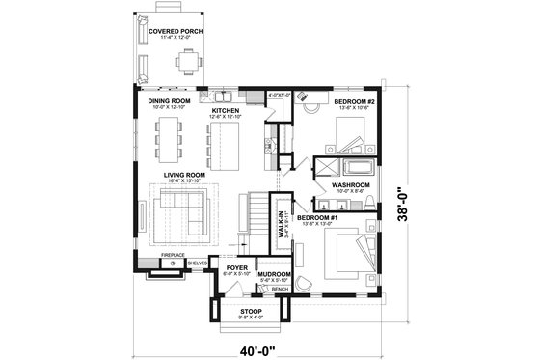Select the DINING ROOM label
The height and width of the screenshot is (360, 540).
(167, 99)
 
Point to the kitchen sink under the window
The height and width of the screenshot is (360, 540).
(221, 97)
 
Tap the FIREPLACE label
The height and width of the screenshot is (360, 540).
(172, 255)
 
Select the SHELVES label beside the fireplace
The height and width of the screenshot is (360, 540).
(198, 263)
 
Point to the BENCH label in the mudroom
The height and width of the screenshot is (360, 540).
(280, 289)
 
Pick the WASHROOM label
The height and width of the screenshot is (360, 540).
(351, 184)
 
